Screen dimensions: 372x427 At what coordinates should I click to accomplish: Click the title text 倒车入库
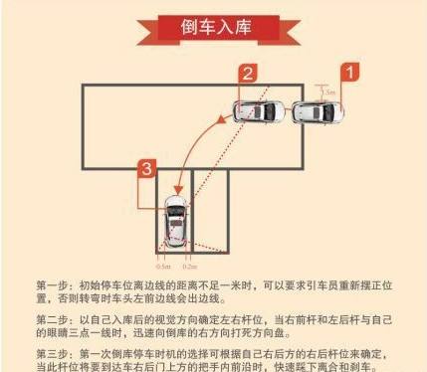pos(213,24)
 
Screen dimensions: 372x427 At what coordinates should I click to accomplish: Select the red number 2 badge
pos(247,72)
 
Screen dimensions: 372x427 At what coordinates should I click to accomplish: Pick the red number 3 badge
pos(147,169)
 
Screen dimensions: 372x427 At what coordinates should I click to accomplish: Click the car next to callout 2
pos(264,109)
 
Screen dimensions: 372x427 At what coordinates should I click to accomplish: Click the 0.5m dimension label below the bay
pos(163,266)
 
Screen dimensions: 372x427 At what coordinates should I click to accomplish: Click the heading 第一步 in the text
pos(55,283)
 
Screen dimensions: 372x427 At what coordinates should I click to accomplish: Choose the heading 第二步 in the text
pos(55,318)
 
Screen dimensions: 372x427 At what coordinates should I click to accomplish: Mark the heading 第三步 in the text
pos(55,353)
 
